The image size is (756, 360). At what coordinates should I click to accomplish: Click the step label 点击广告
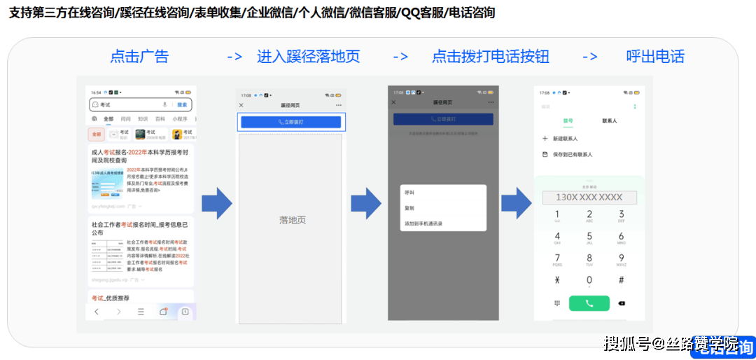pos(139,57)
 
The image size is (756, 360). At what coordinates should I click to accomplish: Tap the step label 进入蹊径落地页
pos(308,57)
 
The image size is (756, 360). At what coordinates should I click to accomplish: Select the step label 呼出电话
pos(655,57)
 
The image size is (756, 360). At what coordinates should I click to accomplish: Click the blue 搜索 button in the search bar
pos(182,104)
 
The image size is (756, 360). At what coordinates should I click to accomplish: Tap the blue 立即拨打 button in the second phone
pos(290,122)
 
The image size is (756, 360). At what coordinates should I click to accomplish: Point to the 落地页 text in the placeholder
pos(293,220)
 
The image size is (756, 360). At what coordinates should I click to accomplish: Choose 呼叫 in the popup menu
pos(409,192)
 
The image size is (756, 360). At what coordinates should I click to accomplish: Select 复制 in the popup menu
pos(409,208)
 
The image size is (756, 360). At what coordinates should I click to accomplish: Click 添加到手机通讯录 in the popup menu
pos(423,223)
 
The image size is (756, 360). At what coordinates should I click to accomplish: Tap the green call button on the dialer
pos(589,303)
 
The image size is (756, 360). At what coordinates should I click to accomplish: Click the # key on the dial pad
pos(621,280)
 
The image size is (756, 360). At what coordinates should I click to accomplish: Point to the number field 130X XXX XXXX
pos(589,198)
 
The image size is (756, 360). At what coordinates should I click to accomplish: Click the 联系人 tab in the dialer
pos(610,121)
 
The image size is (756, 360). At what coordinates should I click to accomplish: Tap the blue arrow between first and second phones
pos(216,203)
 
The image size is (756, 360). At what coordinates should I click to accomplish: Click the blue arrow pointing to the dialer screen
pos(516,203)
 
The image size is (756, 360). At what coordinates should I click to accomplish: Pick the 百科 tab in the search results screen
pos(160,119)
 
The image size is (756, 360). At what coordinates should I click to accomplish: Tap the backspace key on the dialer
pos(622,303)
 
